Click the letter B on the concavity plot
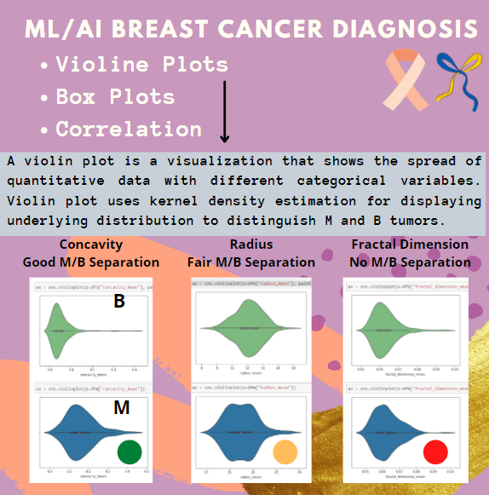click(119, 302)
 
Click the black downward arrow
click(225, 112)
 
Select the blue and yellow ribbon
click(453, 75)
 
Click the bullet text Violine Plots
click(141, 65)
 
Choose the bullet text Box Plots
click(115, 97)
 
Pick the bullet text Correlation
click(129, 130)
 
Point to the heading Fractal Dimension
click(410, 245)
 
